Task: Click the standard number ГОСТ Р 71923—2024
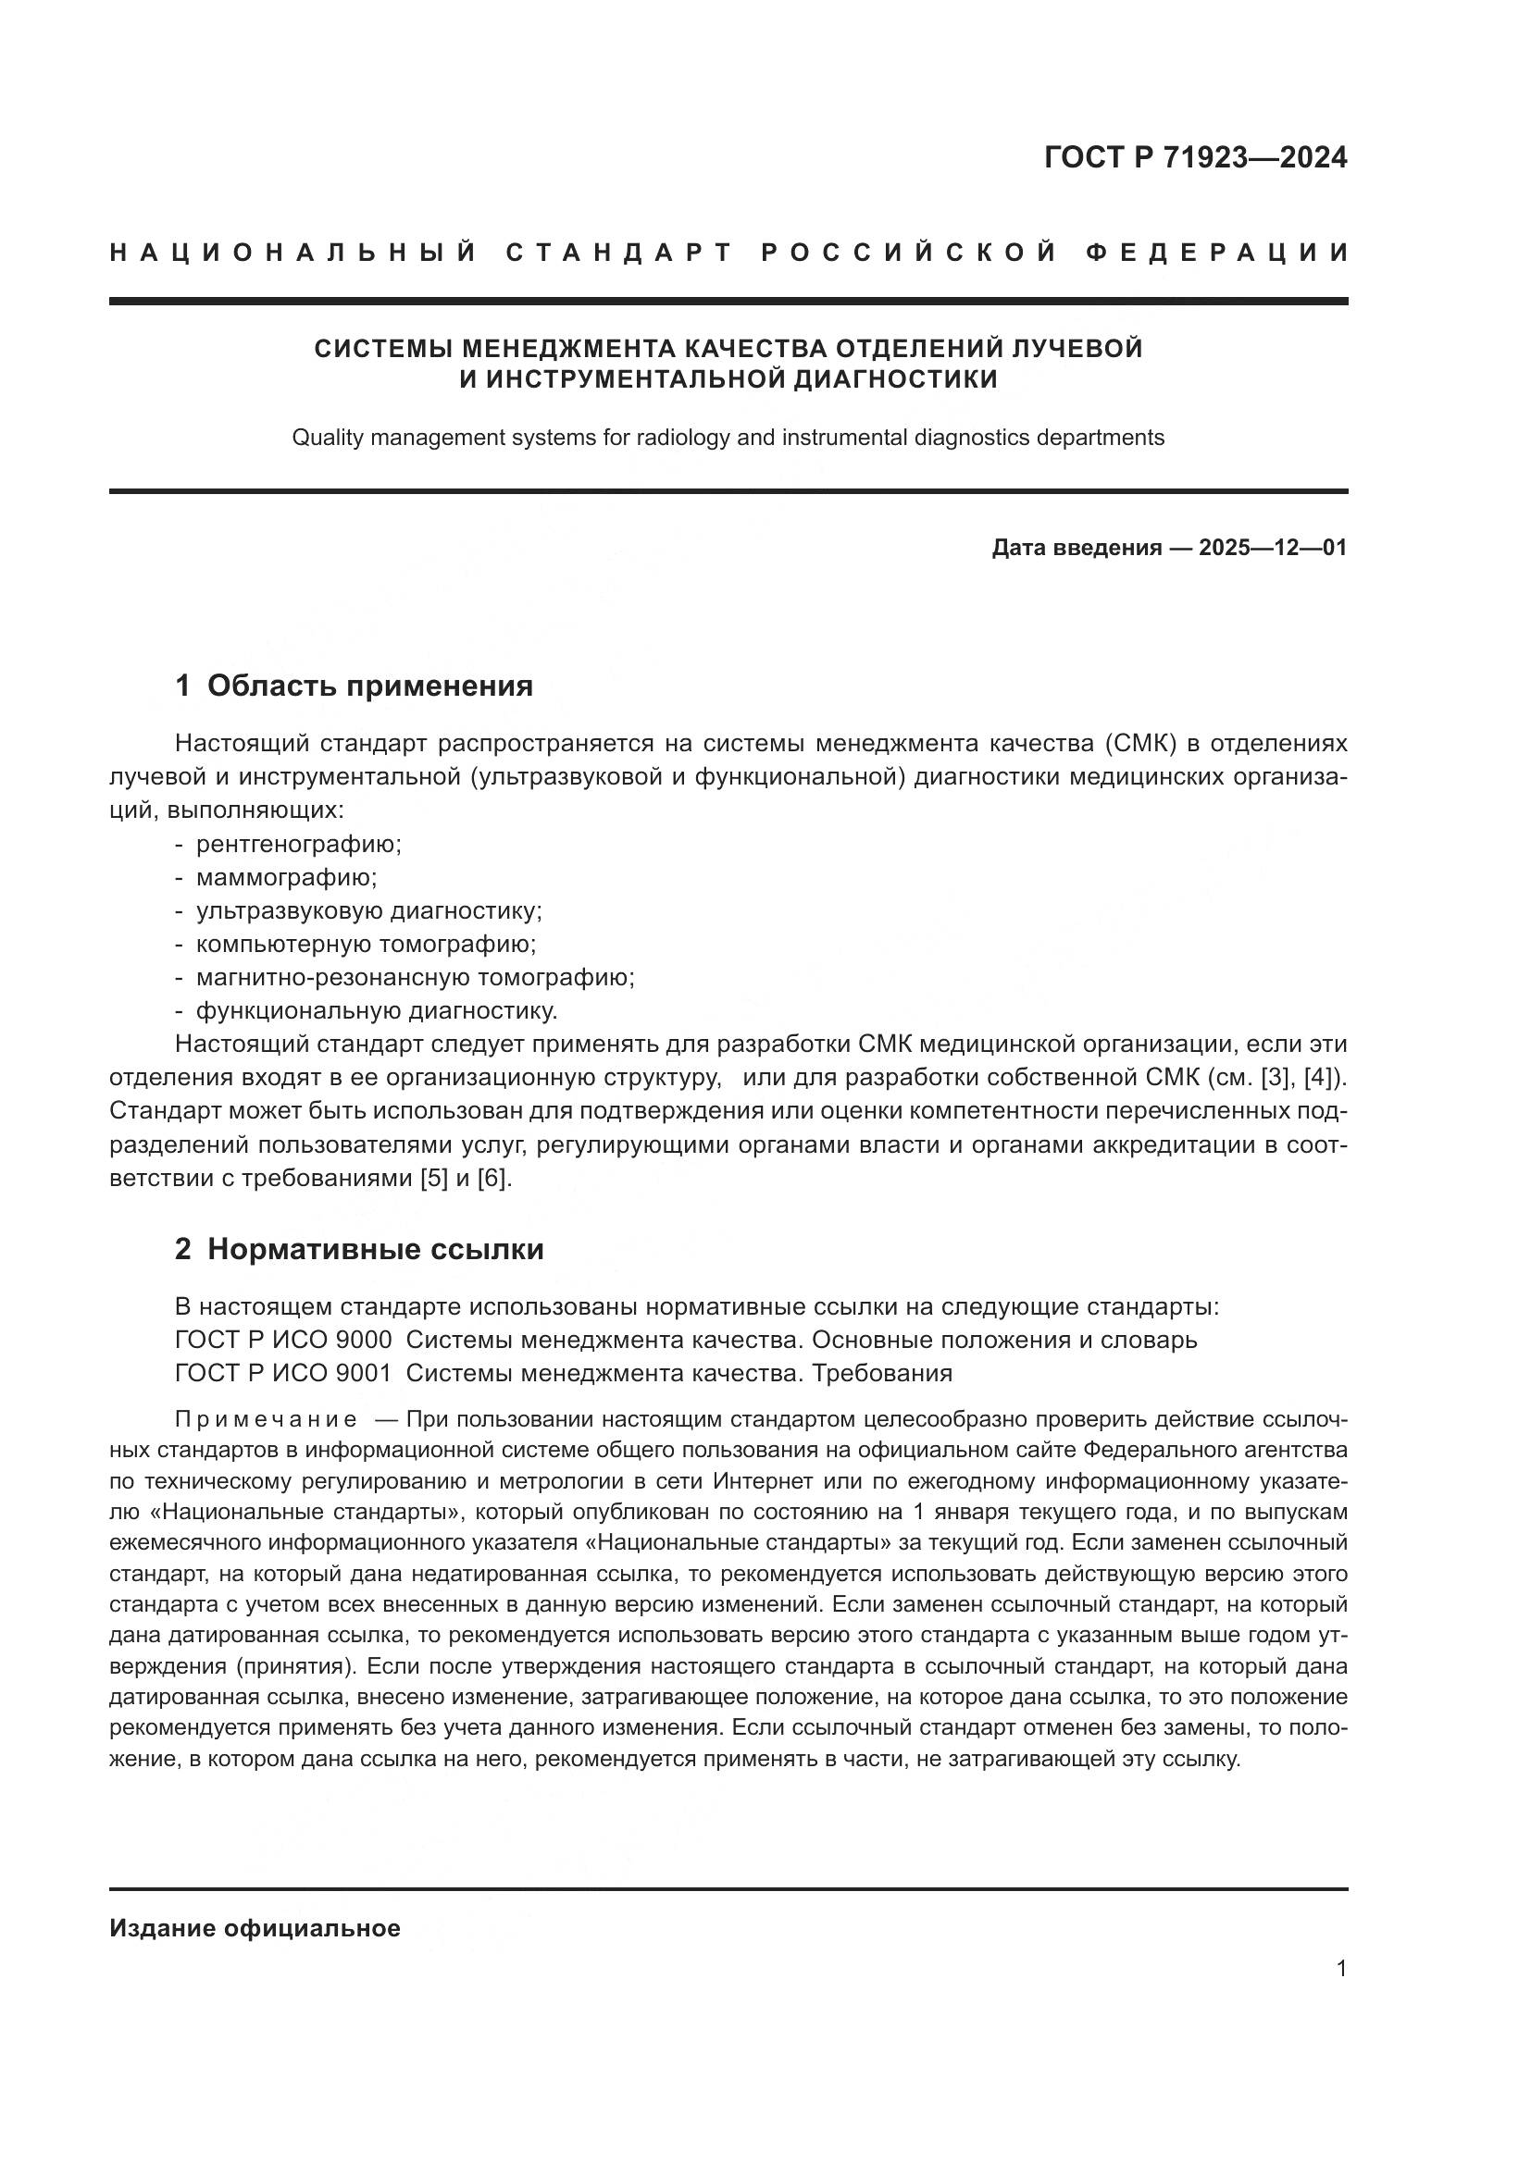[1194, 157]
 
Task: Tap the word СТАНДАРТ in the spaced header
[619, 253]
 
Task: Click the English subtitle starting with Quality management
[728, 438]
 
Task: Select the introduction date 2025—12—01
[1272, 548]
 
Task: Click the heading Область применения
[369, 686]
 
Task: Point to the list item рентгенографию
[298, 844]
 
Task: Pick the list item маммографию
[286, 877]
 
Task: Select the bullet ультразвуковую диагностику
[368, 910]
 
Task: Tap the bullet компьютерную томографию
[366, 944]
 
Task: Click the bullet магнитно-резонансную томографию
[415, 977]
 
